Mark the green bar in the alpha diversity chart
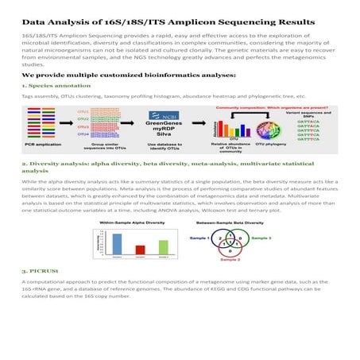click(164, 246)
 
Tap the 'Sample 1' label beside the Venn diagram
click(198, 237)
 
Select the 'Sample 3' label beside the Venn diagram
click(261, 237)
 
